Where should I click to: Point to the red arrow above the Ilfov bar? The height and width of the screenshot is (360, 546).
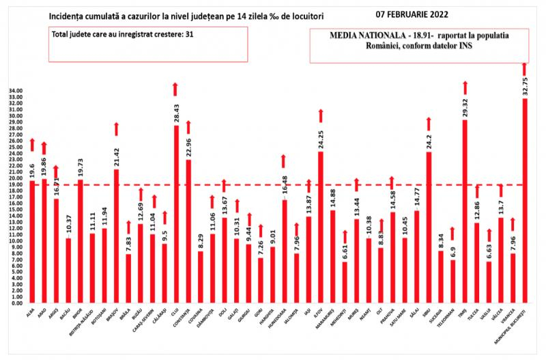pyautogui.click(x=320, y=115)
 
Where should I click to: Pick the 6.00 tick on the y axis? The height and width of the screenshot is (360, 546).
pyautogui.click(x=16, y=266)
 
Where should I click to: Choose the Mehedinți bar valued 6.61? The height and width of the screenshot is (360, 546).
pyautogui.click(x=345, y=281)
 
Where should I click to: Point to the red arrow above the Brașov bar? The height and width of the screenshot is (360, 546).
pyautogui.click(x=116, y=128)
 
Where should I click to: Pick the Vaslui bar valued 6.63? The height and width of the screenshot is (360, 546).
pyautogui.click(x=489, y=281)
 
